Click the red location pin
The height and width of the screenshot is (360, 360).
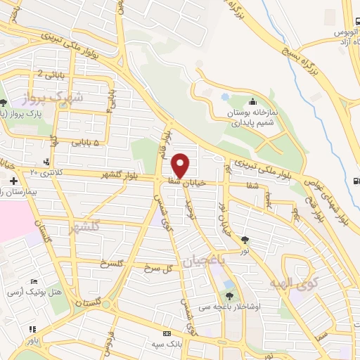pos(181,165)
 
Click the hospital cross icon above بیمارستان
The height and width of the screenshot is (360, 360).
pos(13,181)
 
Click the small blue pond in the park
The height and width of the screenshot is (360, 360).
pos(225,96)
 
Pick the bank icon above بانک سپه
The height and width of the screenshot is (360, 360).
pos(167,333)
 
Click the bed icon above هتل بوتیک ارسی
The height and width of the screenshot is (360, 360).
pos(33,281)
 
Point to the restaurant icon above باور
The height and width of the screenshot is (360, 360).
pos(32,328)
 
